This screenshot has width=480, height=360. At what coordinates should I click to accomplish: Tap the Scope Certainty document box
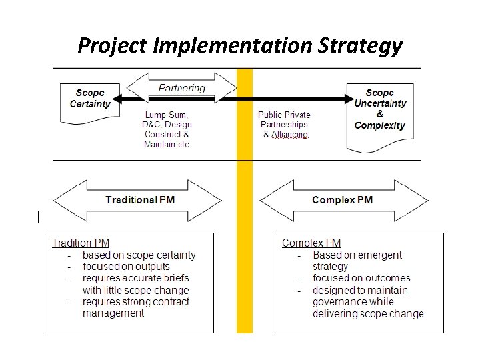(x=90, y=99)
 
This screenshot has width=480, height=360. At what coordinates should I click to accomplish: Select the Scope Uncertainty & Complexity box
(x=380, y=109)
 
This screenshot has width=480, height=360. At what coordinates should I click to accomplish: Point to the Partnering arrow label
(x=182, y=87)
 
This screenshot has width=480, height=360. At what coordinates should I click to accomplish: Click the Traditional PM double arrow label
(x=140, y=200)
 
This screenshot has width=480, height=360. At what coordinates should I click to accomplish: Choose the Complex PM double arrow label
(x=342, y=200)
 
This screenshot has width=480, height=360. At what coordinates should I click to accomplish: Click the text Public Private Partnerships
(x=284, y=119)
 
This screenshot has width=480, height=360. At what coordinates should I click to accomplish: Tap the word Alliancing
(x=289, y=135)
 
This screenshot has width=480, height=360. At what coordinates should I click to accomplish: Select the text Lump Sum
(x=167, y=115)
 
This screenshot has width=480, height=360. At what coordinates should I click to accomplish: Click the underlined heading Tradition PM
(x=81, y=243)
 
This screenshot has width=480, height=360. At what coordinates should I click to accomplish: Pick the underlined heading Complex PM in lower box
(x=311, y=243)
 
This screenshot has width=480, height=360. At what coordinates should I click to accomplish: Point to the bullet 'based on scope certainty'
(x=139, y=255)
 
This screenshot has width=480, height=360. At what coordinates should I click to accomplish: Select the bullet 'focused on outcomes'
(x=361, y=278)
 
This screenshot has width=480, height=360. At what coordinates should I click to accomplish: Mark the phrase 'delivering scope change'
(x=368, y=313)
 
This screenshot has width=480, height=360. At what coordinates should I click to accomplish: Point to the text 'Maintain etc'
(x=167, y=145)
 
